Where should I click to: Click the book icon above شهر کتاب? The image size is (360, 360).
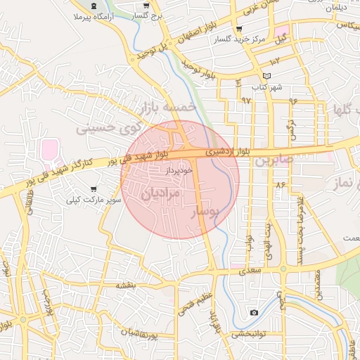pos(266,76)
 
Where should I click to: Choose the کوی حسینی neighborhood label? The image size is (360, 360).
pos(102,129)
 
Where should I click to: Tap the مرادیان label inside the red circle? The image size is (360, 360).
pos(161,192)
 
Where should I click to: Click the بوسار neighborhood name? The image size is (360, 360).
pos(206,210)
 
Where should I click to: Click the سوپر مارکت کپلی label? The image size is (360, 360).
pos(94,200)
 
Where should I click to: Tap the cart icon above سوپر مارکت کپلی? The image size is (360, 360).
pos(94,188)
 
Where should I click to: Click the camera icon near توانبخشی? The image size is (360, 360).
pos(254,311)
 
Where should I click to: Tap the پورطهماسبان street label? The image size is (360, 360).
pos(137,331)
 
